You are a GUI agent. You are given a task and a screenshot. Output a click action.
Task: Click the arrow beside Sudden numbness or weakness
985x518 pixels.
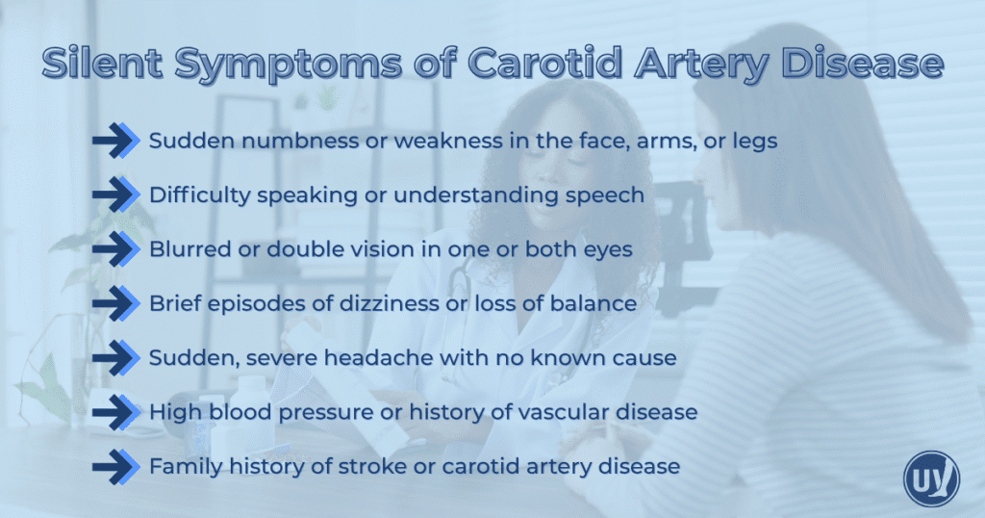pyautogui.click(x=116, y=141)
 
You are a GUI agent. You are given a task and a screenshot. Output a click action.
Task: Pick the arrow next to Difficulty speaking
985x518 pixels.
pyautogui.click(x=116, y=195)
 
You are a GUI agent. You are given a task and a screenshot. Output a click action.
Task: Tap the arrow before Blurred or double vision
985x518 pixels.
pyautogui.click(x=116, y=249)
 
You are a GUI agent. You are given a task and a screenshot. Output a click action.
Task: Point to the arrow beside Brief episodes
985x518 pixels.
pyautogui.click(x=116, y=304)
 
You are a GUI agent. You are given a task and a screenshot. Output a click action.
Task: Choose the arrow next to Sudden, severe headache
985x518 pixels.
pyautogui.click(x=116, y=358)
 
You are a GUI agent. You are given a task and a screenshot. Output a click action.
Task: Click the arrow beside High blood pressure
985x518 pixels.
pyautogui.click(x=116, y=412)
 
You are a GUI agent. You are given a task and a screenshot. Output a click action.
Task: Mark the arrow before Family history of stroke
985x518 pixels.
pyautogui.click(x=116, y=467)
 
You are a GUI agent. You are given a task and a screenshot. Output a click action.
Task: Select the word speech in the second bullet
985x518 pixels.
pyautogui.click(x=609, y=195)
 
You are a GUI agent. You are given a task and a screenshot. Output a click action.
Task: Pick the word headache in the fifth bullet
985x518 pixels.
pyautogui.click(x=396, y=358)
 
